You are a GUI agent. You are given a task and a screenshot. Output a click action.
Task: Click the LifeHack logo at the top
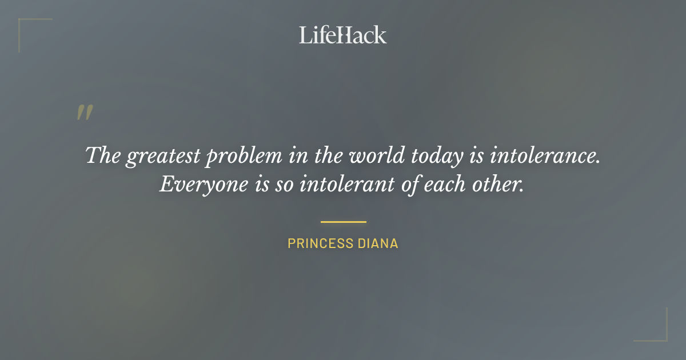tap(343, 35)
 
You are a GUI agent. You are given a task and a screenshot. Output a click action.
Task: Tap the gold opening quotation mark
tap(85, 113)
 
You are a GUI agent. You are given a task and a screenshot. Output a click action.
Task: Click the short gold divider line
tap(343, 222)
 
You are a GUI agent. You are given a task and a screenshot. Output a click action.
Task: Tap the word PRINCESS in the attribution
tap(321, 243)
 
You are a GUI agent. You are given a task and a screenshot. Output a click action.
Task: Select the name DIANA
tap(378, 243)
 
